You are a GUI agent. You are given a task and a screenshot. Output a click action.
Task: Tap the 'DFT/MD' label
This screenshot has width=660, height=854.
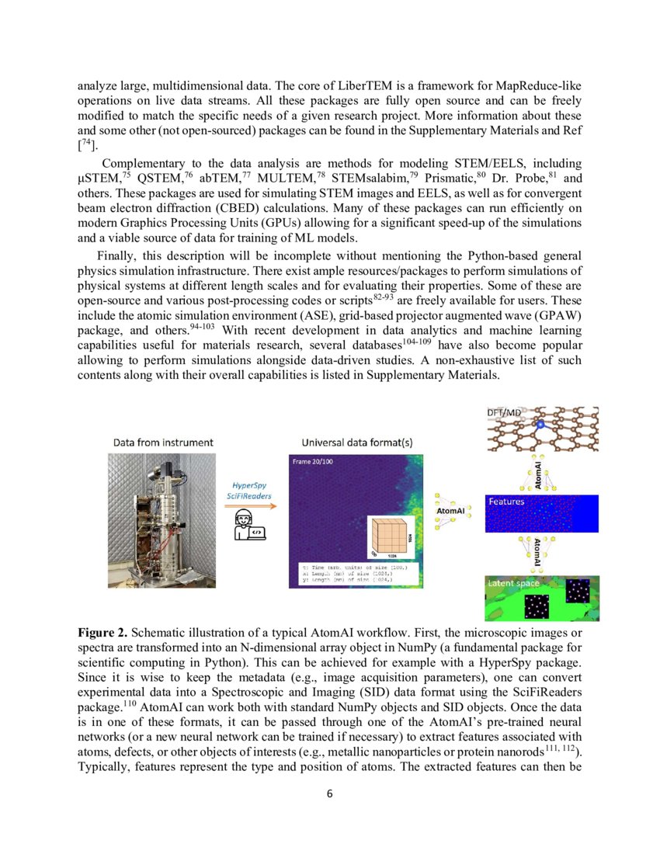coord(505,412)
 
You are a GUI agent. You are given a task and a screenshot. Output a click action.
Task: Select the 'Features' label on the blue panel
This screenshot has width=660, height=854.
coord(505,502)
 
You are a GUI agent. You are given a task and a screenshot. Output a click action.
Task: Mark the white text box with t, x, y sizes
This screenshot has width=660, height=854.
coord(355,577)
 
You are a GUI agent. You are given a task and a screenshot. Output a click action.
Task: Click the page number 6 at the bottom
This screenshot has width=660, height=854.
coord(329,794)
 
